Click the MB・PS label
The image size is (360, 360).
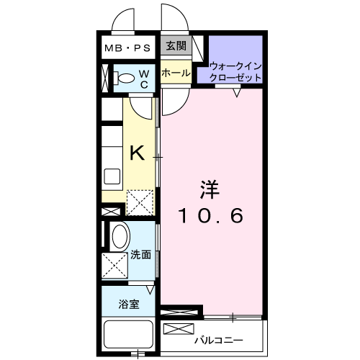[x=127, y=48]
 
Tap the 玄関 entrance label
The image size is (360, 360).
[x=176, y=45]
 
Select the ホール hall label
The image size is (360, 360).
[x=176, y=73]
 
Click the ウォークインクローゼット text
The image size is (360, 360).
[x=235, y=72]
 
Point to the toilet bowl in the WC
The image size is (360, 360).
[x=127, y=78]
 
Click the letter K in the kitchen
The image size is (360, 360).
[x=138, y=153]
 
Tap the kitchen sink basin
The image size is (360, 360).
[x=112, y=176]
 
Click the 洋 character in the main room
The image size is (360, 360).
[x=210, y=190]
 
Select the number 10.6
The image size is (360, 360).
[x=211, y=215]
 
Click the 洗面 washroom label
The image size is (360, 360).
[x=140, y=255]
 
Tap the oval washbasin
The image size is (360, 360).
[x=121, y=236]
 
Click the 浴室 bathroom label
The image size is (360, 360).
[x=129, y=305]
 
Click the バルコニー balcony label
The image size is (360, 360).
[x=219, y=341]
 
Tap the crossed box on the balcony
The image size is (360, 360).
[x=179, y=329]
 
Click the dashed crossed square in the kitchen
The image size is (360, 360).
[x=140, y=203]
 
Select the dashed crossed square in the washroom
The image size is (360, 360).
[x=114, y=266]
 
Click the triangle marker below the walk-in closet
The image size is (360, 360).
[x=237, y=93]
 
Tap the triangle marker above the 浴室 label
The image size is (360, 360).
[x=150, y=290]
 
